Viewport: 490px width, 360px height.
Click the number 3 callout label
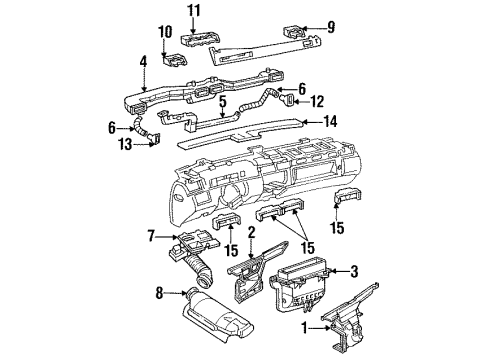353,271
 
